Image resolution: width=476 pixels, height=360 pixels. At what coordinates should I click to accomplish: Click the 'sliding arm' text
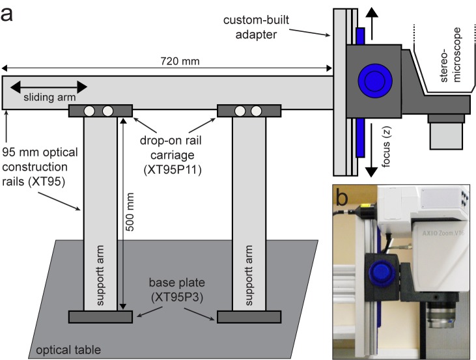click(x=49, y=98)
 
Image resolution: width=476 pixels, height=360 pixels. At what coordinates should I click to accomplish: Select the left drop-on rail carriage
click(x=101, y=111)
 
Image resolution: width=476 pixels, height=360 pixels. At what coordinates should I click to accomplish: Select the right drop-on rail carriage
click(x=249, y=111)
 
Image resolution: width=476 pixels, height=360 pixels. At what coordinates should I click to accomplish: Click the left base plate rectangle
click(x=101, y=317)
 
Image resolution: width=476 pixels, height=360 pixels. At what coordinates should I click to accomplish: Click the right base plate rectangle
click(x=249, y=317)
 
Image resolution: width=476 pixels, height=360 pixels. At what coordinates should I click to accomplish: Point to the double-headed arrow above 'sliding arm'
click(x=49, y=86)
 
